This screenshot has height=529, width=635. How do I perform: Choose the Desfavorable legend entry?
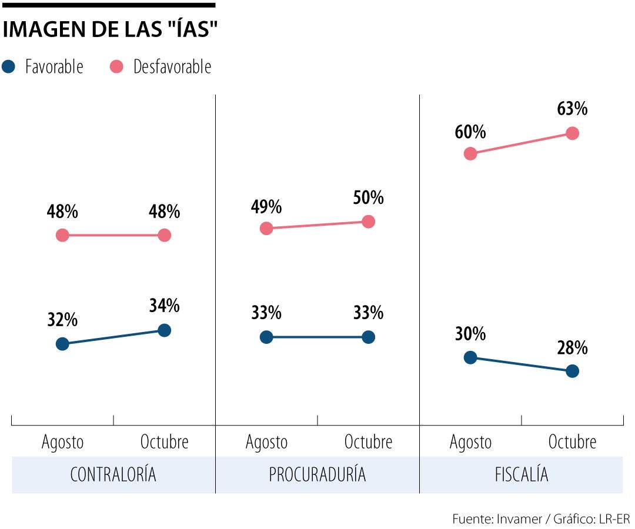click(x=161, y=67)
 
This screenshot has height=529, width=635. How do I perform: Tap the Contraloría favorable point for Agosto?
click(x=62, y=344)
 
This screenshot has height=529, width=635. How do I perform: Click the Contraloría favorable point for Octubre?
click(x=165, y=330)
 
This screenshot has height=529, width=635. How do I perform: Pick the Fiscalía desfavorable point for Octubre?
click(x=572, y=133)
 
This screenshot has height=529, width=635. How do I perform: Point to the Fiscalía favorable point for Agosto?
click(x=470, y=357)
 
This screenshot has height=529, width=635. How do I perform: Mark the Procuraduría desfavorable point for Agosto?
click(x=266, y=228)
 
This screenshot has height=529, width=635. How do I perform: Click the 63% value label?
click(x=572, y=109)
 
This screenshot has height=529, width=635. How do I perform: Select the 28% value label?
click(x=572, y=348)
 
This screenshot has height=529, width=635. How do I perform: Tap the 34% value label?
click(x=165, y=306)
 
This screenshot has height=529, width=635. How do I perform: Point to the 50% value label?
click(x=368, y=198)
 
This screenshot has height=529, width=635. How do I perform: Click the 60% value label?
click(x=470, y=132)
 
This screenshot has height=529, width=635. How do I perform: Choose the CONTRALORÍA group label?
click(x=113, y=475)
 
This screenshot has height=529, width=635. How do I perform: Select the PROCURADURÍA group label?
click(x=317, y=475)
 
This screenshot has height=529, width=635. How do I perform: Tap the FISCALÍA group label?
click(x=522, y=475)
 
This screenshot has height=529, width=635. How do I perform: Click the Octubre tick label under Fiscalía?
click(x=572, y=442)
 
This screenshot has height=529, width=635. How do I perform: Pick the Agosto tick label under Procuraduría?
click(x=266, y=442)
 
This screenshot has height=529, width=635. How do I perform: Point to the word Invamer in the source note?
click(x=518, y=519)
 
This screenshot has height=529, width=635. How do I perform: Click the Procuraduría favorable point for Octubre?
click(x=368, y=337)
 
